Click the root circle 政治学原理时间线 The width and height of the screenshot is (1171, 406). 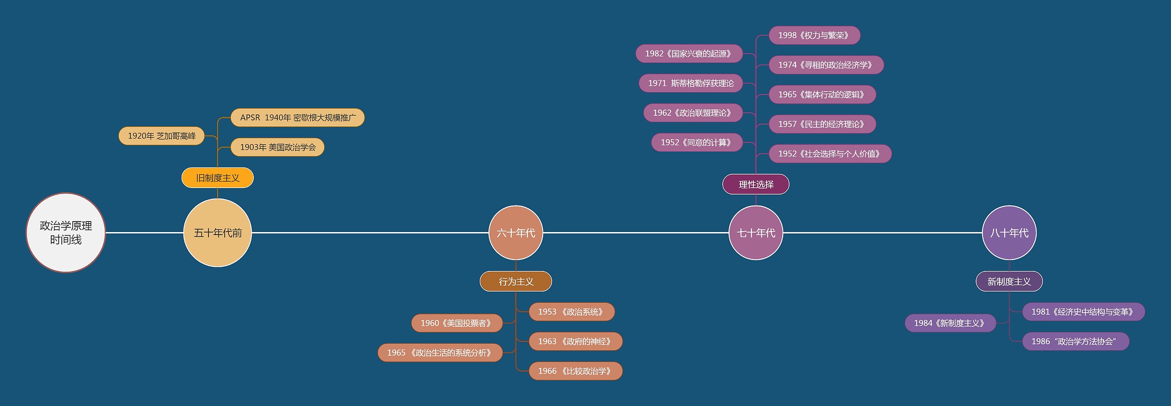coord(66,233)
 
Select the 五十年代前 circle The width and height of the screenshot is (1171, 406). coord(218,233)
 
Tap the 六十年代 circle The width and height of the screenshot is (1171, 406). coord(516,233)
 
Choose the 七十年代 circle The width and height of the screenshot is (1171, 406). coord(756,233)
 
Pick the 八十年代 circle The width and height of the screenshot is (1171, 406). coord(1009,233)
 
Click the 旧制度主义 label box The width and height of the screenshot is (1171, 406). coord(218,178)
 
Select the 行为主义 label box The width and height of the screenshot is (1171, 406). coord(516,281)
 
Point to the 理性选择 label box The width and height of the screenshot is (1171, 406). coord(756,184)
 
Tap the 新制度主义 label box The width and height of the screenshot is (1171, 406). coord(1009,281)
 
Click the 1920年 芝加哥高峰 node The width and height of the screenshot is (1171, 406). coord(161,136)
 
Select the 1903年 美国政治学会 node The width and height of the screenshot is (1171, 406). coord(278,147)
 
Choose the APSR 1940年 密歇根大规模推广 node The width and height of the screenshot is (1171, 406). coord(298,118)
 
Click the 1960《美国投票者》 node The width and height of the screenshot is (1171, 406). coord(457,323)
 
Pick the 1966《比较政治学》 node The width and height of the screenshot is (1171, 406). coord(575,371)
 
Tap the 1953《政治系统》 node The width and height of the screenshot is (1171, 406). coord(571,312)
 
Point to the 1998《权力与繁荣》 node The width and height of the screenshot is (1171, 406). coord(814,35)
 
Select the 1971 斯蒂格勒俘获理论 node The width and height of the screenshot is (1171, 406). coord(691,83)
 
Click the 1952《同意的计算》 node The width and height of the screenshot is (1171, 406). coord(697,142)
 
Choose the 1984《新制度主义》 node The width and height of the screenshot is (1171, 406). coord(950,323)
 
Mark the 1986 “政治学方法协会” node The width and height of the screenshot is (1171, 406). coord(1075,341)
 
